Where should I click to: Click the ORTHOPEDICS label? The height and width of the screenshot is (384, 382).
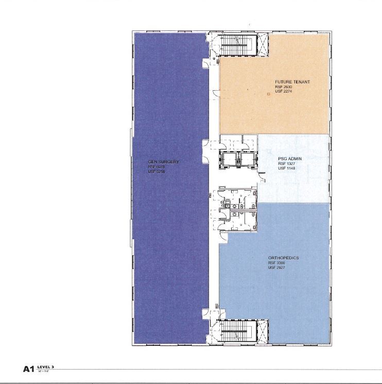[283, 258]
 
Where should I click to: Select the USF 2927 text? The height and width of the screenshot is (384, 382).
[276, 267]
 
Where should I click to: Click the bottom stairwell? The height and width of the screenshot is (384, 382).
[238, 331]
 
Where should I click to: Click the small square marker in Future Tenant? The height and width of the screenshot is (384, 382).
[268, 94]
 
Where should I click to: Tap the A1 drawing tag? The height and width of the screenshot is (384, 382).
[28, 369]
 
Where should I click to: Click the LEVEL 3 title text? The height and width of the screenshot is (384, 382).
[46, 367]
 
